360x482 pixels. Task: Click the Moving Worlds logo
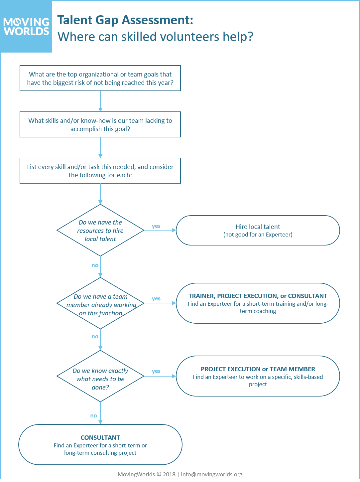click(x=26, y=26)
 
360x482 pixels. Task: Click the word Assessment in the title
click(x=157, y=20)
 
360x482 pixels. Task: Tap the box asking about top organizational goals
click(x=100, y=78)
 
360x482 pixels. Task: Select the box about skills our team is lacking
click(x=100, y=124)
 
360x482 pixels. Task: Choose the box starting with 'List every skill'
click(x=100, y=171)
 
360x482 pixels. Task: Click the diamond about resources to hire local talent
click(x=100, y=230)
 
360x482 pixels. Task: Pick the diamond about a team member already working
click(x=100, y=303)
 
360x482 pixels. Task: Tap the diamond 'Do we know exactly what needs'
click(x=100, y=376)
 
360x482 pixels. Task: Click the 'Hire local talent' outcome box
click(x=258, y=230)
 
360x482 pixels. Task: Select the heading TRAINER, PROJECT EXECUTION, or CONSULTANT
click(x=258, y=296)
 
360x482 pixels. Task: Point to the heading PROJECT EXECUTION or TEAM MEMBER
click(x=258, y=369)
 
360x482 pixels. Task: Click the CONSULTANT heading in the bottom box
click(x=100, y=438)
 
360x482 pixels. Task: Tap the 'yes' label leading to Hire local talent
click(x=156, y=226)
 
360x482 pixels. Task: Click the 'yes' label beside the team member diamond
click(x=156, y=299)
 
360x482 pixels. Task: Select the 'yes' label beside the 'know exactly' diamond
click(x=156, y=371)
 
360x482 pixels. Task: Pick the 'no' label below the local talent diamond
click(x=95, y=265)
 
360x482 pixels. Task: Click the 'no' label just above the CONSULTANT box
click(x=94, y=416)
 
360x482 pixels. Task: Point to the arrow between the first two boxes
click(x=100, y=101)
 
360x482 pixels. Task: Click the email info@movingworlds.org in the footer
click(x=212, y=474)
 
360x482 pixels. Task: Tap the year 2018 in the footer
click(x=169, y=474)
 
